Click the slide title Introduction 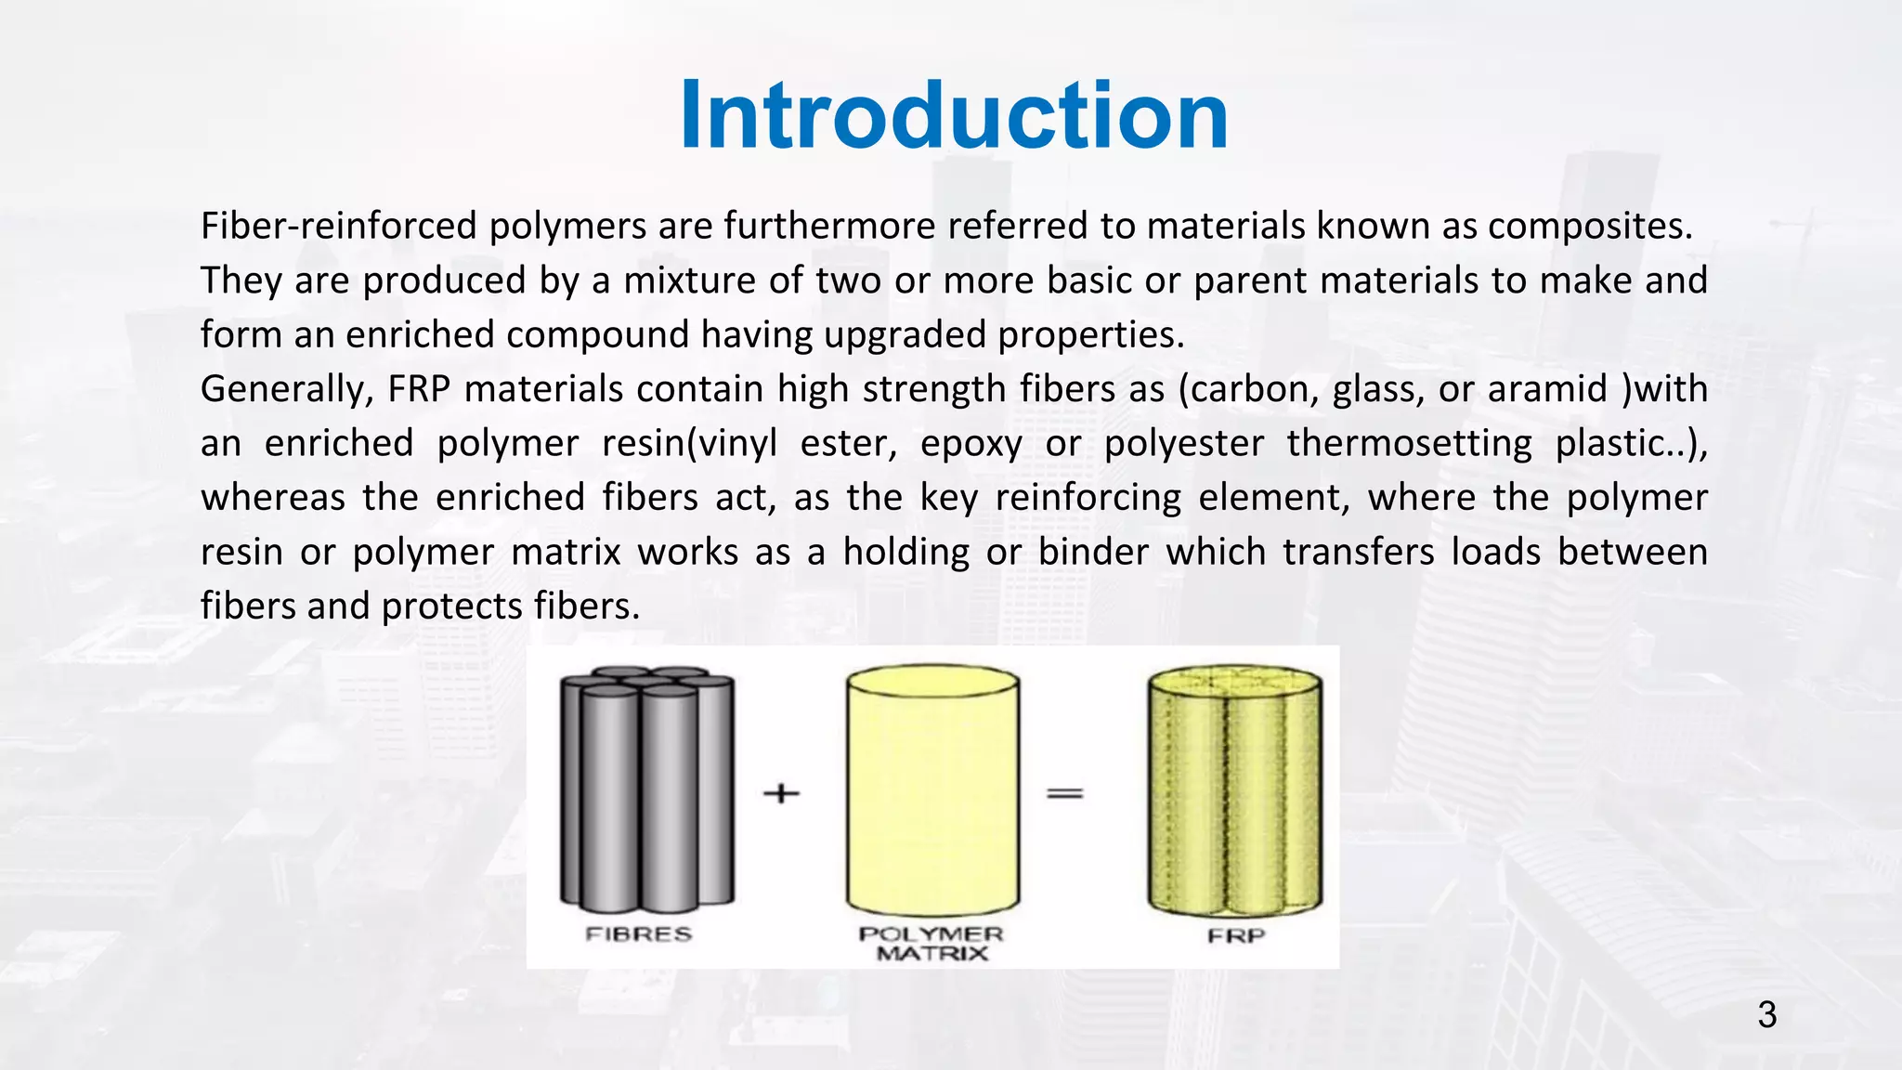click(x=954, y=115)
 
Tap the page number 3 click(x=1766, y=1015)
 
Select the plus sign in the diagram click(x=781, y=793)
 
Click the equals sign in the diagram click(x=1065, y=793)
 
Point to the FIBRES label click(x=639, y=934)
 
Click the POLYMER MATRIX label click(x=931, y=944)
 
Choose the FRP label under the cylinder click(x=1236, y=935)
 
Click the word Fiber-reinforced click(x=339, y=226)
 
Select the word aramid click(x=1547, y=389)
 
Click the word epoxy click(x=971, y=444)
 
